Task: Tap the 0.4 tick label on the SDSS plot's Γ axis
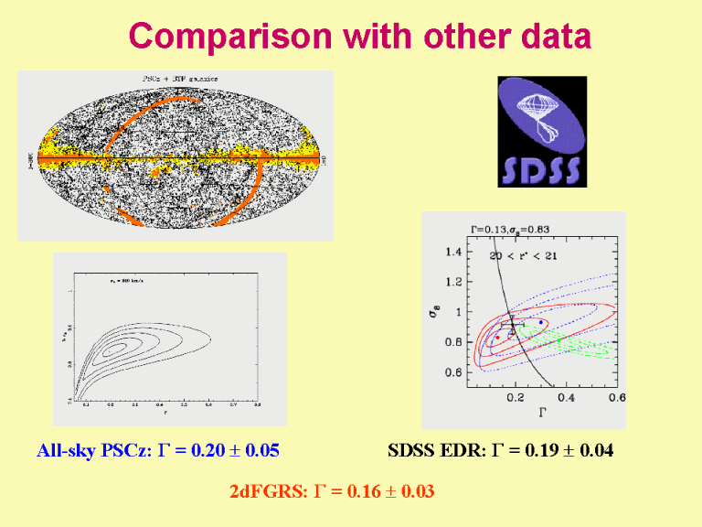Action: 566,398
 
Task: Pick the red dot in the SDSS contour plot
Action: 497,338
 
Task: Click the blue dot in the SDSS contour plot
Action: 542,322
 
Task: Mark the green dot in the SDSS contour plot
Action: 523,327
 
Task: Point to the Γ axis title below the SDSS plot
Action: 542,413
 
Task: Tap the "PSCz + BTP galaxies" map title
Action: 180,80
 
